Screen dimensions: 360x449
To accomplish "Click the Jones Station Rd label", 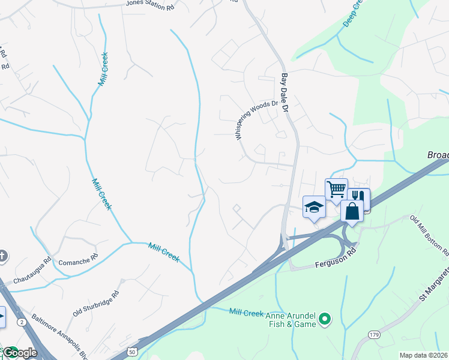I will coord(149,3).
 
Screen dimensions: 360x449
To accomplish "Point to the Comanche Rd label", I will coord(78,262).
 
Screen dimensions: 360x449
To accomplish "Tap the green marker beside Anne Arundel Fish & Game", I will coord(325,319).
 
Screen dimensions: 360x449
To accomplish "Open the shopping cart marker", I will coord(336,188).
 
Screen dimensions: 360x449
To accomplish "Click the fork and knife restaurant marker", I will coord(358,197).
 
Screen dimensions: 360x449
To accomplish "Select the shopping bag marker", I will coord(352,211).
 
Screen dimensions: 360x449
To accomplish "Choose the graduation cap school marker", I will coord(313,207).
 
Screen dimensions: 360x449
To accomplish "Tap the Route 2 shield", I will coord(22,323).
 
